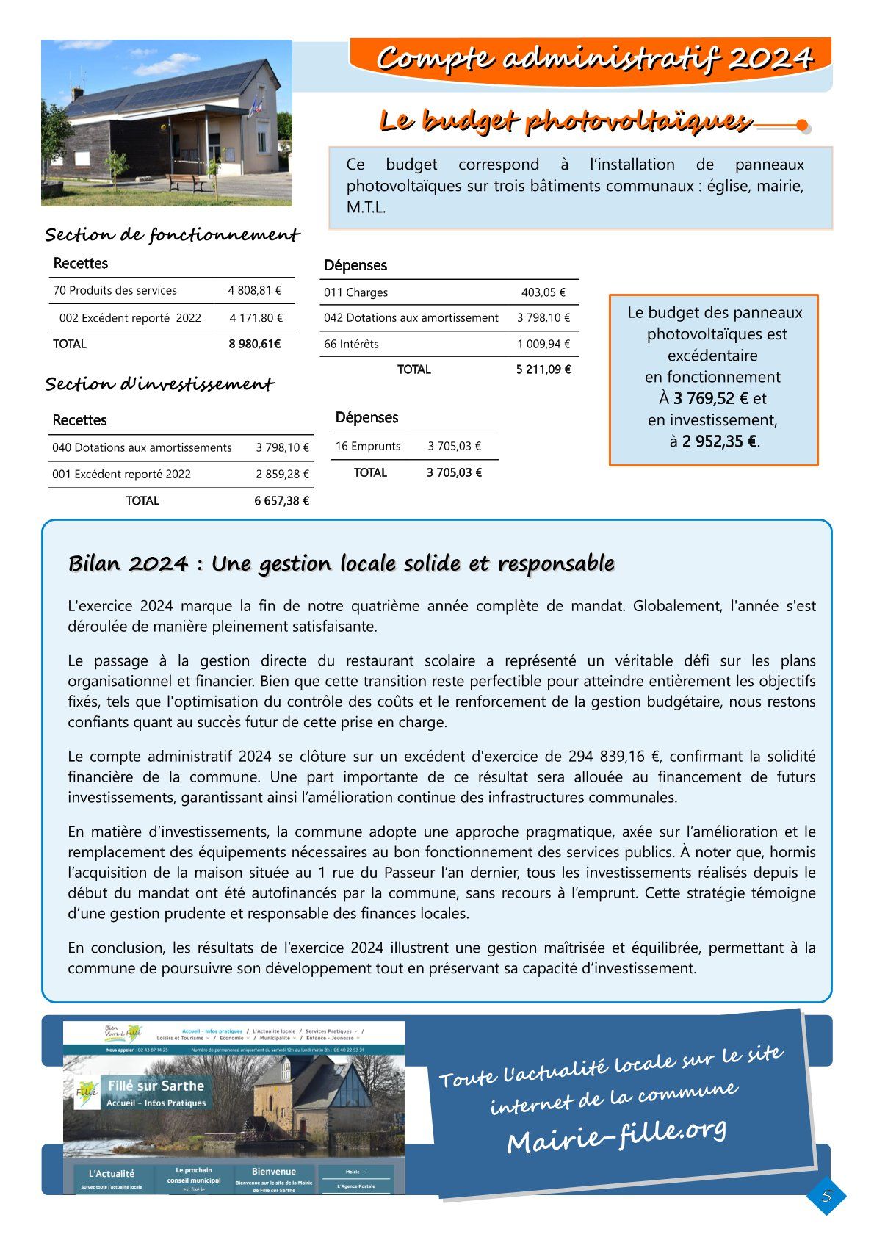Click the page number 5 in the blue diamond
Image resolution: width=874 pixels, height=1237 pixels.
point(826,1197)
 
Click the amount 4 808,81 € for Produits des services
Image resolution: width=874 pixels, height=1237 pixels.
point(254,290)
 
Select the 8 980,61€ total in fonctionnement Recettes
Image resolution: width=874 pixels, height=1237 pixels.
point(255,344)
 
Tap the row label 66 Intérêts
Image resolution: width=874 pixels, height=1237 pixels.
point(352,344)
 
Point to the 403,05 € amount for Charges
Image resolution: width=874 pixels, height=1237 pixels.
point(543,292)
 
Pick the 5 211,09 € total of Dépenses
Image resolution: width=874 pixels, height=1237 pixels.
point(543,369)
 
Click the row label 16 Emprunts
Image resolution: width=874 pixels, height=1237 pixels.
point(368,446)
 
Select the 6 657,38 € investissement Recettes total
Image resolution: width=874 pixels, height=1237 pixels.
point(282,501)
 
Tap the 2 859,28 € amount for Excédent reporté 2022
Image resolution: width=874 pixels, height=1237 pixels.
point(282,475)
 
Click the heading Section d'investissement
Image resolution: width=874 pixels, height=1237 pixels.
point(159,384)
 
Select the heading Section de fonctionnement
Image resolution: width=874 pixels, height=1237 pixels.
point(172,235)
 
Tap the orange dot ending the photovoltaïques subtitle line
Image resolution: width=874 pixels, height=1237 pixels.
point(803,125)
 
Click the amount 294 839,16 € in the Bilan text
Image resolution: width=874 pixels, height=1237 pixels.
point(615,757)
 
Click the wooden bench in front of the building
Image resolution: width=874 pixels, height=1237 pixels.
point(187,181)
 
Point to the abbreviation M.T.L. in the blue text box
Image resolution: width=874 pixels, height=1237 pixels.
point(366,208)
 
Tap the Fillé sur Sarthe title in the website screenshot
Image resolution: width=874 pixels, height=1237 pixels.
point(156,1086)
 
